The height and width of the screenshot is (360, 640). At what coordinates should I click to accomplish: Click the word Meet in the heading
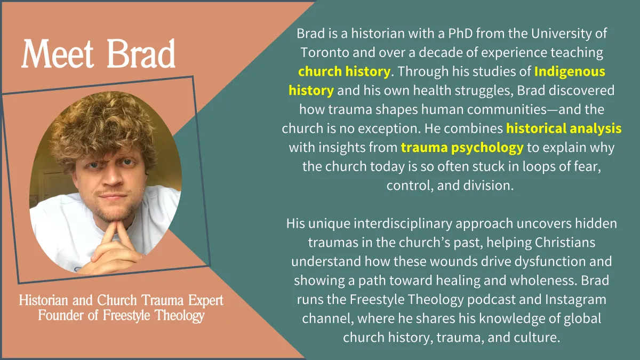[x=58, y=54]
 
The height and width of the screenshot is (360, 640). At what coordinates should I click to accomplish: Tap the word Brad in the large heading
[x=141, y=53]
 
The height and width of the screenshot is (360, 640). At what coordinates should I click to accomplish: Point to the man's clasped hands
[x=116, y=249]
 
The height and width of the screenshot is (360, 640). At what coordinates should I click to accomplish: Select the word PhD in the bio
[x=460, y=34]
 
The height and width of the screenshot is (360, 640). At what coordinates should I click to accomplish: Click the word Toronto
[x=325, y=53]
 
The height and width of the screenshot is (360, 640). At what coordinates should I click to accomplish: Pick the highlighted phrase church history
[x=344, y=71]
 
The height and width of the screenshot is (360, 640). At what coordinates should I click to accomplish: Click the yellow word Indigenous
[x=570, y=71]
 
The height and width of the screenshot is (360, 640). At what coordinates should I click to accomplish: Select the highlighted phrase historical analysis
[x=564, y=129]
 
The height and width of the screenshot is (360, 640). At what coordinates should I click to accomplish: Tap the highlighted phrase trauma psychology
[x=462, y=147]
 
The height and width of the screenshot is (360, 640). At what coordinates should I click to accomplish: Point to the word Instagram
[x=575, y=299]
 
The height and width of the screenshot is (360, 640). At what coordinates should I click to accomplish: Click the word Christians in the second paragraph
[x=565, y=242]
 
